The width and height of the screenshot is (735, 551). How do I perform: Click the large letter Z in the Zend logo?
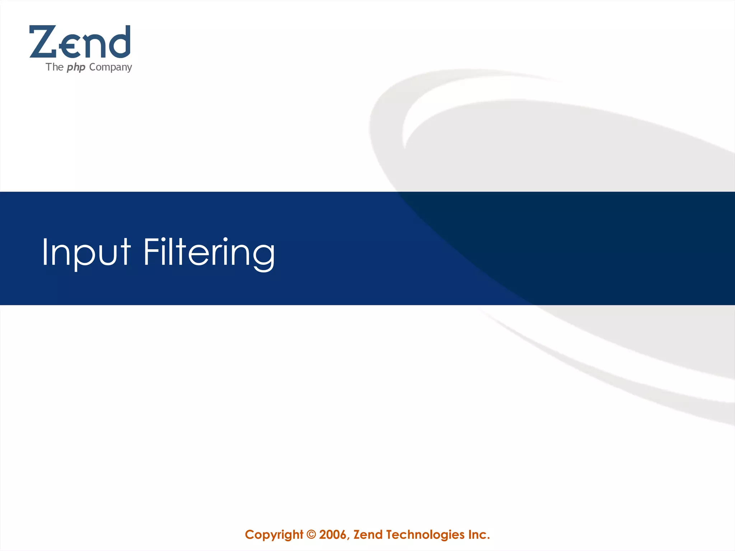pos(43,42)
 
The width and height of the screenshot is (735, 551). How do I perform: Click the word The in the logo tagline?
pos(55,67)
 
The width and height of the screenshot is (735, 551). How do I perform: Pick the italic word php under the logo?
pos(76,67)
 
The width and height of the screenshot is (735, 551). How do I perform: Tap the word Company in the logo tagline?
pos(111,67)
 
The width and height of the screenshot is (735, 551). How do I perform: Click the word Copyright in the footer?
pos(274,534)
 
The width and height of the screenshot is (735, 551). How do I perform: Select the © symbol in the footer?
pos(312,534)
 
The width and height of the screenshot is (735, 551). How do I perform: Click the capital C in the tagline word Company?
pos(92,67)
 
